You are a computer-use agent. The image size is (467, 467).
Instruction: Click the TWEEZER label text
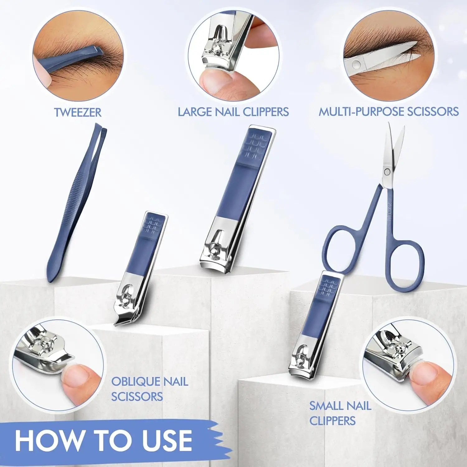(78, 112)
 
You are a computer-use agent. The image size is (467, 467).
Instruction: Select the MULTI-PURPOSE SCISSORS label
(389, 111)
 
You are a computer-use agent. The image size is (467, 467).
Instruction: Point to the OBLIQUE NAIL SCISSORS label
(149, 389)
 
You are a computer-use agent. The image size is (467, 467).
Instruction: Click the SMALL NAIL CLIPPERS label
(340, 413)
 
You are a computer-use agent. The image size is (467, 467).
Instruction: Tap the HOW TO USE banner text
(103, 440)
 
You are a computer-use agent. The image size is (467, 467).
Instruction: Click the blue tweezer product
(77, 202)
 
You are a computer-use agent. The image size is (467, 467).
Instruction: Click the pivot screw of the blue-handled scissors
(387, 171)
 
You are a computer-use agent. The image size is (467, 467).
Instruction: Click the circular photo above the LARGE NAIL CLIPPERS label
(233, 56)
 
